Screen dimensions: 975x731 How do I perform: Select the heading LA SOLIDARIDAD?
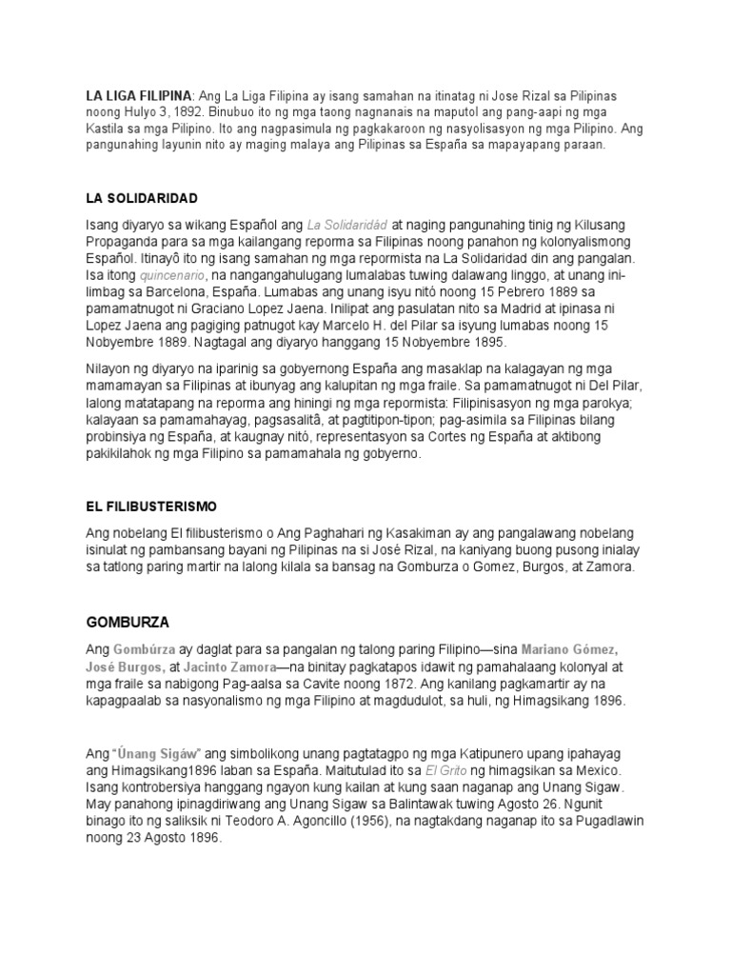(141, 198)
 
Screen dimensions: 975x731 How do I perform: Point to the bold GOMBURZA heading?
(127, 622)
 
